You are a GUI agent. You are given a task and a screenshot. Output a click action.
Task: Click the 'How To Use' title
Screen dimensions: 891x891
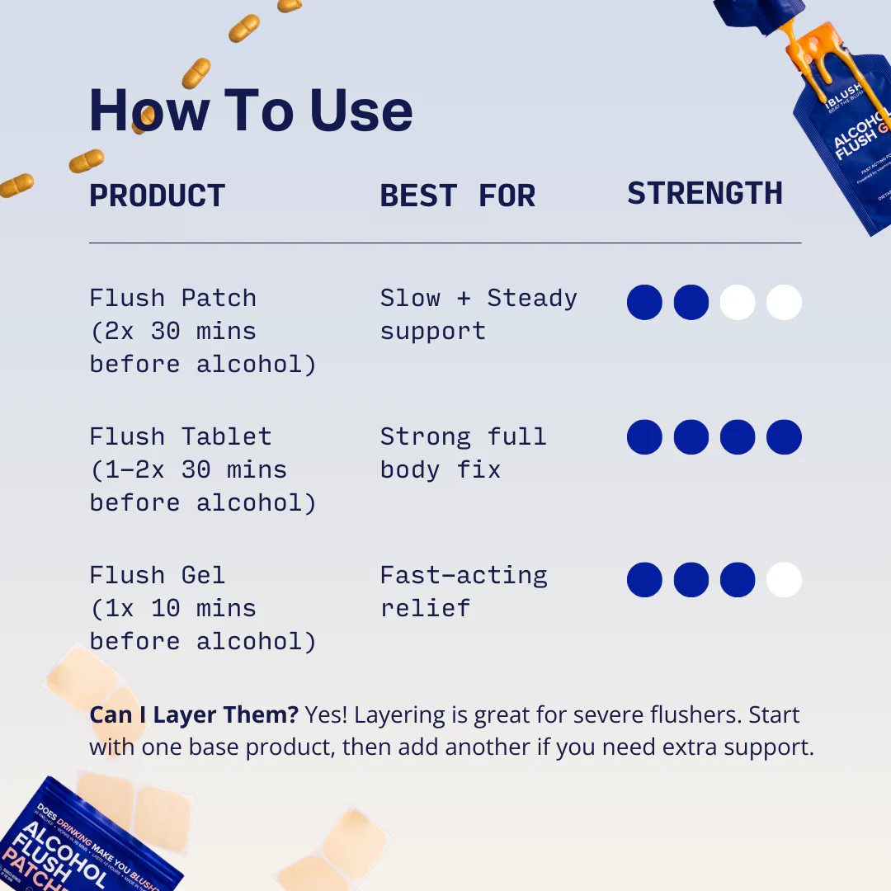251,110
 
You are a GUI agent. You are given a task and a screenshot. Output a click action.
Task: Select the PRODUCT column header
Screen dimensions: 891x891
157,196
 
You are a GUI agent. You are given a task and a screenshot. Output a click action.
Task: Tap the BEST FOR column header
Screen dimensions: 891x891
457,196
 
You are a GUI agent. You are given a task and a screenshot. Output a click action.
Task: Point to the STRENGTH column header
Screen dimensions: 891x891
705,194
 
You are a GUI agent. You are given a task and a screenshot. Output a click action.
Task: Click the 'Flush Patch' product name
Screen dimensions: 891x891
172,298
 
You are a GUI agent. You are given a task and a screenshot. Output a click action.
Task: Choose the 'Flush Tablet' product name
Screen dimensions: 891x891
180,436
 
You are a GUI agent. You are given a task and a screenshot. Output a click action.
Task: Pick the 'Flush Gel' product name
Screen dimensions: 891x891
157,575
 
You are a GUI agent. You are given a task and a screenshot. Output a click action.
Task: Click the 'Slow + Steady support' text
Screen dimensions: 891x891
478,314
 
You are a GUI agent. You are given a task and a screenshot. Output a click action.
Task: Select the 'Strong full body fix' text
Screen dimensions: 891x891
463,453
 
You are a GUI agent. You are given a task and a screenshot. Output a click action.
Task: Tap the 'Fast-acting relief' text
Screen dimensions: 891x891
463,592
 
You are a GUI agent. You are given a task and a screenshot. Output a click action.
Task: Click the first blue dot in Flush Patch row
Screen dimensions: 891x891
644,303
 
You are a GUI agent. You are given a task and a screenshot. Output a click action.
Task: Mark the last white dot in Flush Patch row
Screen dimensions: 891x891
784,303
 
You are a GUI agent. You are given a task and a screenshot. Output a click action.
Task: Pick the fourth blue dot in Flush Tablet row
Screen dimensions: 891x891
784,437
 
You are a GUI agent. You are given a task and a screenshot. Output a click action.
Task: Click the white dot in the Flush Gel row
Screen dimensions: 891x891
784,580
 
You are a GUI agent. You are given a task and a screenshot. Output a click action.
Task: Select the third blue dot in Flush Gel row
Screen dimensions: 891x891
738,580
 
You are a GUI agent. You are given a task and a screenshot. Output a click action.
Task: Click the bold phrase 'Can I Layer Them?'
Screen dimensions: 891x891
194,714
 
